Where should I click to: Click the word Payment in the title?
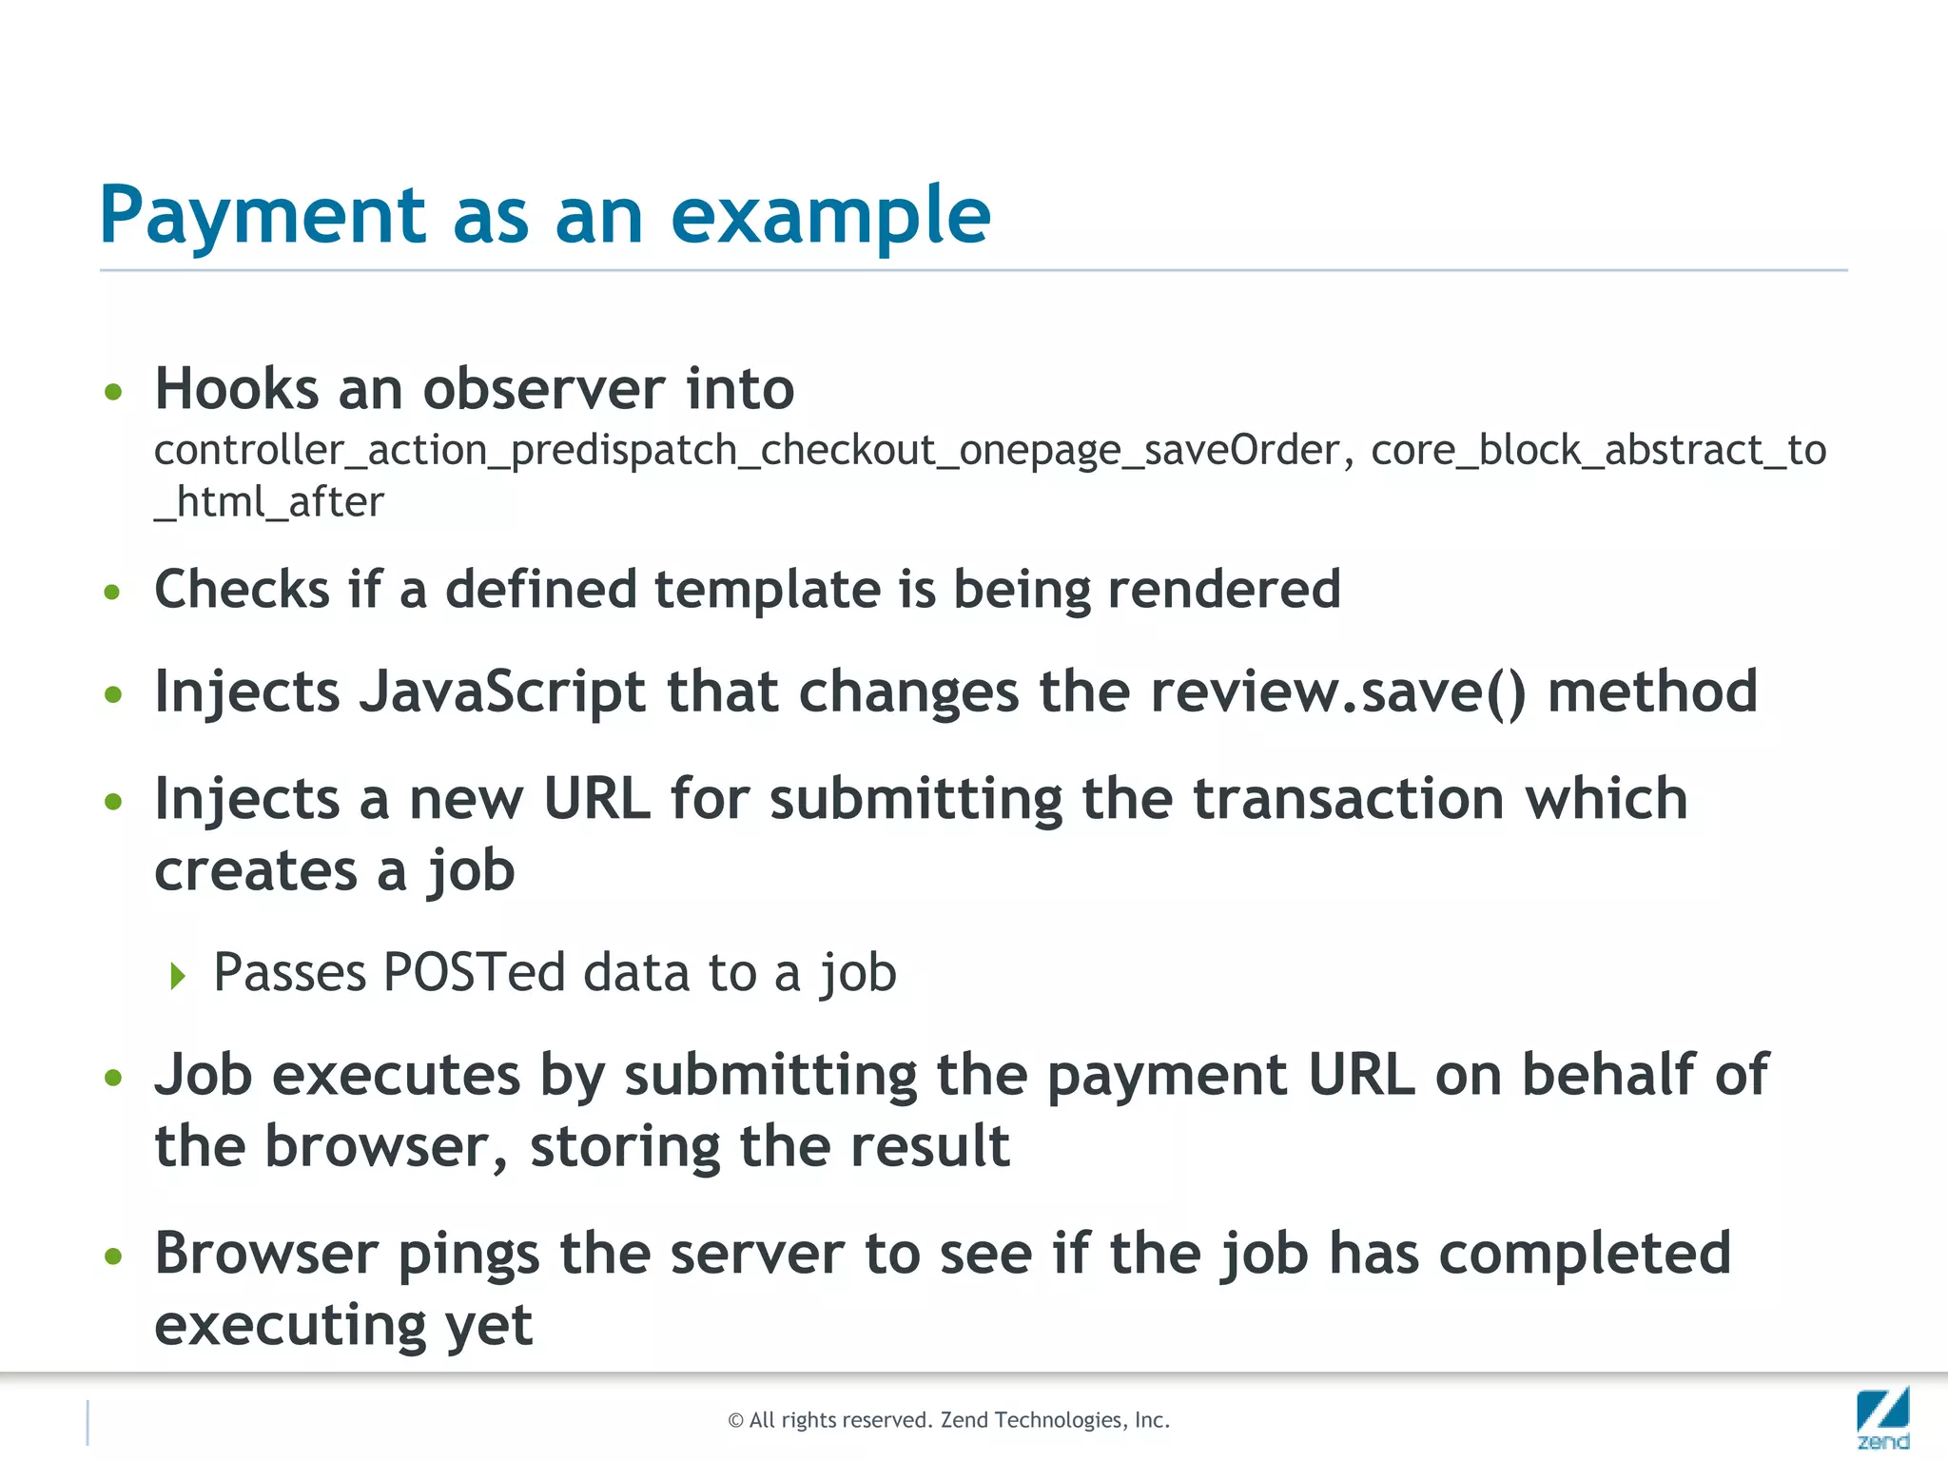[263, 217]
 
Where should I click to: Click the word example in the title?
[830, 217]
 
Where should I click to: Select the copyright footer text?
[948, 1420]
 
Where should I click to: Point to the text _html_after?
[269, 502]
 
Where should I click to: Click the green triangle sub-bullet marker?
[178, 975]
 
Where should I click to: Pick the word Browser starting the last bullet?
[266, 1253]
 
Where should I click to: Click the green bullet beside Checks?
[113, 593]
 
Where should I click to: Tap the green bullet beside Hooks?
[113, 392]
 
